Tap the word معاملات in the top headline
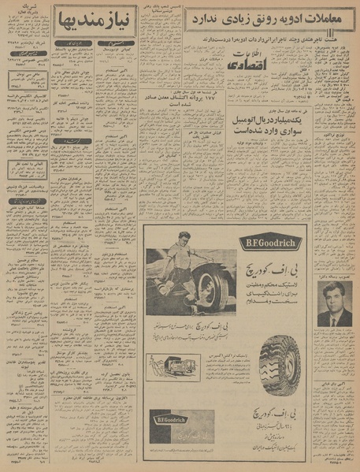click(x=325, y=17)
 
